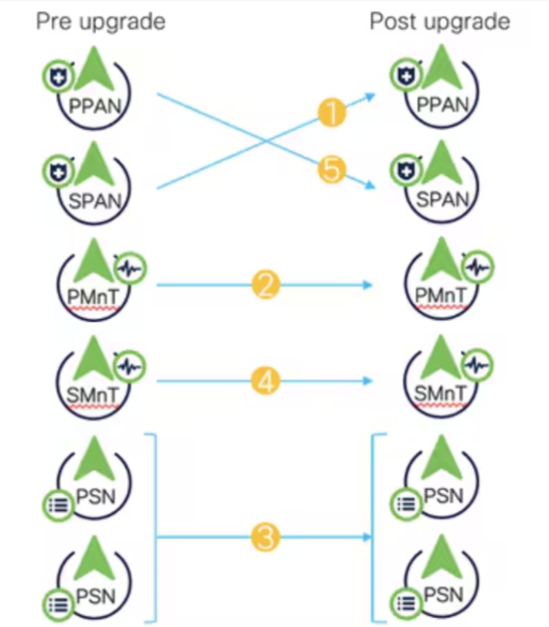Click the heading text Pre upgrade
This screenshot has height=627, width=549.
coord(101,21)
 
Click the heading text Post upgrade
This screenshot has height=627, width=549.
coord(439,21)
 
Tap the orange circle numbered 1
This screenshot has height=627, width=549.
coord(331,114)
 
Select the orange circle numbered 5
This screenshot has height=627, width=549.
coord(331,170)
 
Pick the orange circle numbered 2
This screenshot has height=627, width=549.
coord(265,286)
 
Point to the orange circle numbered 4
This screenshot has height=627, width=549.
coord(265,381)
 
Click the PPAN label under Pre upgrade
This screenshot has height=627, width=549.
coord(96,105)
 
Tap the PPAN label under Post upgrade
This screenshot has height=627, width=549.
coord(442,105)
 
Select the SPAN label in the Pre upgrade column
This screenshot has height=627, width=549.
coord(96,200)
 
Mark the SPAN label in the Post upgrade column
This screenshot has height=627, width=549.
coord(442,200)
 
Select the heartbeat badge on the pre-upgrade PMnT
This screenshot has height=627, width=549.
coord(129,269)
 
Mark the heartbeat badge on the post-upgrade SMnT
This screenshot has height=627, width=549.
coord(477,365)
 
